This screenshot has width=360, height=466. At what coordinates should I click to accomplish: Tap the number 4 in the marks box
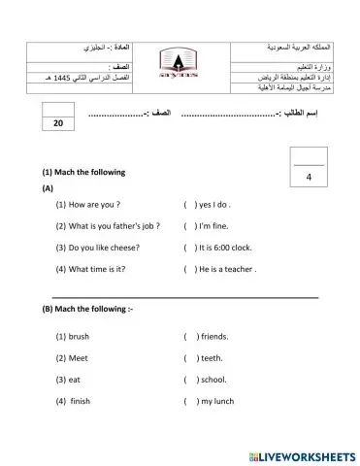[x=308, y=178]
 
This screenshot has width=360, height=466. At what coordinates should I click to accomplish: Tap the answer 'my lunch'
[x=218, y=400]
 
